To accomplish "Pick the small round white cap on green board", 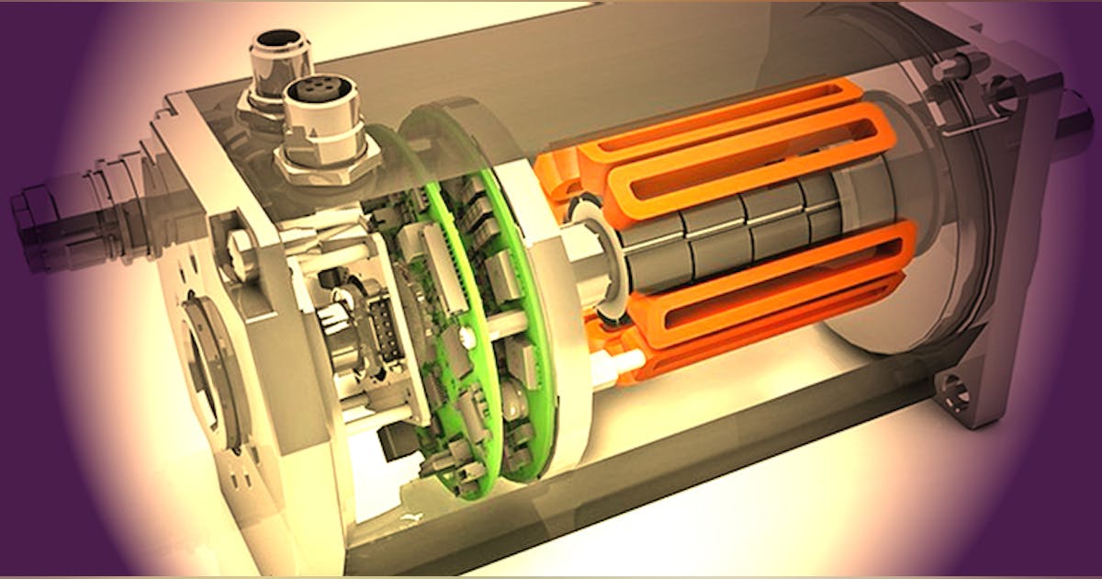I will coord(469,339).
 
